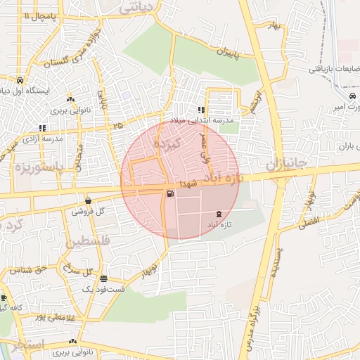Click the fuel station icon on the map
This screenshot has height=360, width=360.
pyautogui.click(x=170, y=194)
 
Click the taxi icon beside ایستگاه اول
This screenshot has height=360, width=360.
pyautogui.click(x=20, y=80)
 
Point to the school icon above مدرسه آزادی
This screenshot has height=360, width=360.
pyautogui.click(x=43, y=129)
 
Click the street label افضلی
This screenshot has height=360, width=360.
pyautogui.click(x=307, y=222)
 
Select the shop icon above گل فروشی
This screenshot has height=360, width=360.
pyautogui.click(x=88, y=200)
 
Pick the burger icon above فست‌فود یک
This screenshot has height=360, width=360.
pyautogui.click(x=104, y=278)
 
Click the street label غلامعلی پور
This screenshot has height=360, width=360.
pyautogui.click(x=53, y=318)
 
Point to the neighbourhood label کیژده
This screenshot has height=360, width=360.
pyautogui.click(x=168, y=143)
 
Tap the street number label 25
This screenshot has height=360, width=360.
pyautogui.click(x=117, y=125)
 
